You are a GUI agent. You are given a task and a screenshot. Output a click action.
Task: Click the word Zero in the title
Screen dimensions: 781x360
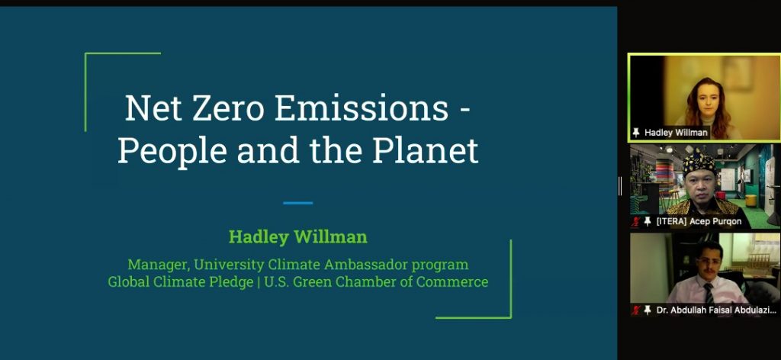pyautogui.click(x=229, y=108)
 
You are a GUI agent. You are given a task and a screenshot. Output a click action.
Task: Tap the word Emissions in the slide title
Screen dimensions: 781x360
pyautogui.click(x=362, y=108)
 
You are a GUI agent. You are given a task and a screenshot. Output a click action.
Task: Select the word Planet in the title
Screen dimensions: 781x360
pyautogui.click(x=426, y=151)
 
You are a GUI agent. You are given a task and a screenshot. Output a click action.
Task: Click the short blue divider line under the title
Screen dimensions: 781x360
pyautogui.click(x=298, y=203)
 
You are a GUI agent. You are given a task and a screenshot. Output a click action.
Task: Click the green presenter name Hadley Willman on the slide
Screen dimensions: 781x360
pyautogui.click(x=298, y=237)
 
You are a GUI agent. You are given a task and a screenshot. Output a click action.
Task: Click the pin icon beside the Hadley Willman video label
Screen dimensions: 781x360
pyautogui.click(x=636, y=133)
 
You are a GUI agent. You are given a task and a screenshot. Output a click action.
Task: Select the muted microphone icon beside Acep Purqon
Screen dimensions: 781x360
pyautogui.click(x=635, y=222)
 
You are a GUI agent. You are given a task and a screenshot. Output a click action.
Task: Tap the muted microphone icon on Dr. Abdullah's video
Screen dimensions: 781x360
pyautogui.click(x=635, y=310)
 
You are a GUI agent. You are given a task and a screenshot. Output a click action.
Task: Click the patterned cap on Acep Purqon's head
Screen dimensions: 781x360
pyautogui.click(x=699, y=162)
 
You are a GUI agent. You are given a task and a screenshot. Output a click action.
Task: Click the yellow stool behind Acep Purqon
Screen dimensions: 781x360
pyautogui.click(x=750, y=201)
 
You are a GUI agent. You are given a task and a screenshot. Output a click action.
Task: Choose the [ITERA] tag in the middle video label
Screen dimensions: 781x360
pyautogui.click(x=671, y=222)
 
